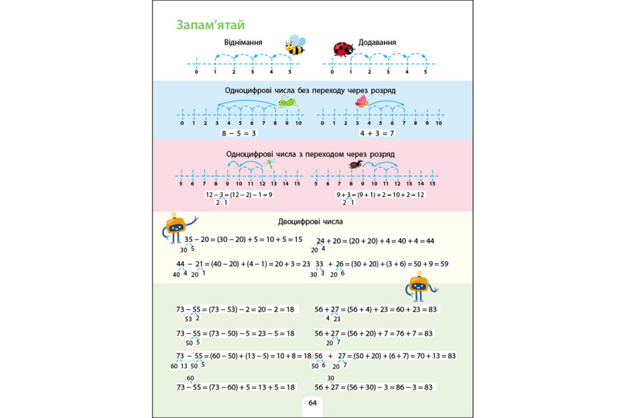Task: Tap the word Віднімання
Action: pyautogui.click(x=243, y=42)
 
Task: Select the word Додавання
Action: pyautogui.click(x=377, y=42)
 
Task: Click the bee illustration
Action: pyautogui.click(x=295, y=45)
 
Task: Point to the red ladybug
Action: pyautogui.click(x=343, y=49)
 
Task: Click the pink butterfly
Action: pyautogui.click(x=362, y=101)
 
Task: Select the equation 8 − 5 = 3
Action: pyautogui.click(x=239, y=133)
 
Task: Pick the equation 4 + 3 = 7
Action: pyautogui.click(x=377, y=133)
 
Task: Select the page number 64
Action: pyautogui.click(x=312, y=403)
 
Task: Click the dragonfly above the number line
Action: pyautogui.click(x=271, y=164)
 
